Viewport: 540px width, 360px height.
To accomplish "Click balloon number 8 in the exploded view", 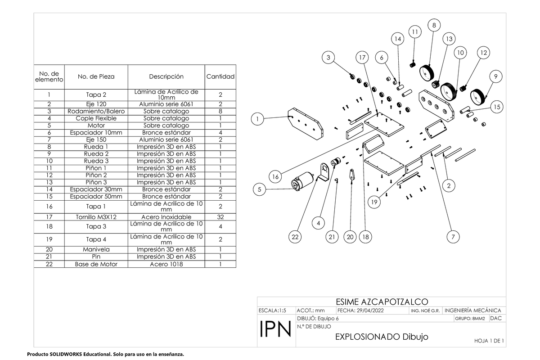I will pos(434,26).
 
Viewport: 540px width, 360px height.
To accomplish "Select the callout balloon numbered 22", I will pos(295,237).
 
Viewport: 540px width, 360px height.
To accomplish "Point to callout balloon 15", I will pos(496,107).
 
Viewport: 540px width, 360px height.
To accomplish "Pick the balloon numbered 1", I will pos(257,119).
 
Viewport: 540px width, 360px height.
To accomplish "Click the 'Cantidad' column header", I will pos(220,76).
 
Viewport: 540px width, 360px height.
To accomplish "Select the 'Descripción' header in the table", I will pos(166,76).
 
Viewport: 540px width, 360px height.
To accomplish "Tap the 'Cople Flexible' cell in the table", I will pos(96,118).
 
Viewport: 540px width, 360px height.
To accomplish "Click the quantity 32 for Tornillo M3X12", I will pos(220,216).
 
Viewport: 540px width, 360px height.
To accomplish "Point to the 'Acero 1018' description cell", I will pos(166,264).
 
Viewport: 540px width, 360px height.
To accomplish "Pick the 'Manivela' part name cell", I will pos(96,249).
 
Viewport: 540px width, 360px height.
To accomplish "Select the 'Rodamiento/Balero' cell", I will pos(96,111).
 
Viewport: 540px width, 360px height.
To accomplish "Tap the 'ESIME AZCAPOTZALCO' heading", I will pos(382,301).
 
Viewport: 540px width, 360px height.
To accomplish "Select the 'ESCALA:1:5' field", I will pos(273,310).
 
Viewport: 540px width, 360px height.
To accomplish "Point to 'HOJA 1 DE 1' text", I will pos(489,341).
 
